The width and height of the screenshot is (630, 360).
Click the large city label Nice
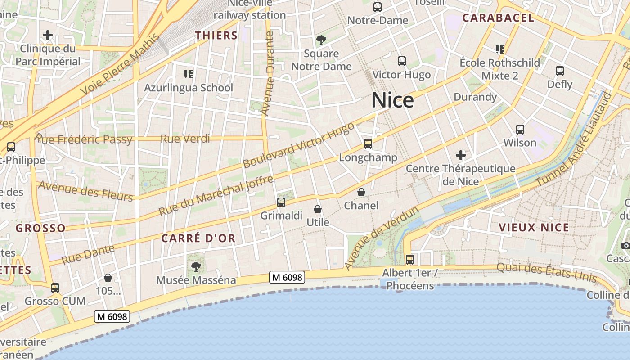[x=392, y=100]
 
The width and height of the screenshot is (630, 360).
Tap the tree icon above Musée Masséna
[x=196, y=267]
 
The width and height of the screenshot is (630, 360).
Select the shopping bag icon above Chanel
[x=361, y=192]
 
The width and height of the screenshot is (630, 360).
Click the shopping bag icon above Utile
[x=318, y=209]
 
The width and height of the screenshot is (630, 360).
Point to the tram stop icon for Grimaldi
[x=281, y=202]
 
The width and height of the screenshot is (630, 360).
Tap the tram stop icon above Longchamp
[x=368, y=144]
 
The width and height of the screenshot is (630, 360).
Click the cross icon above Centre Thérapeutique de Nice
[x=460, y=156]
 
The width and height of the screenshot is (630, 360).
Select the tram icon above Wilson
[x=520, y=130]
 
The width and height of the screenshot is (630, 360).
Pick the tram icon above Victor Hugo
[x=402, y=61]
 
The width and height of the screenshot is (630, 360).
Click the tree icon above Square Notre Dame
[x=321, y=40]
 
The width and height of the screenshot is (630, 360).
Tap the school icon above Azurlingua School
[x=189, y=74]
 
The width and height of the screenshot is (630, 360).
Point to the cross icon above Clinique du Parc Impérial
[x=48, y=35]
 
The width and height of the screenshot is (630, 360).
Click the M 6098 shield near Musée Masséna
[x=288, y=278]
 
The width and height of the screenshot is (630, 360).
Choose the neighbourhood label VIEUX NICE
[x=534, y=227]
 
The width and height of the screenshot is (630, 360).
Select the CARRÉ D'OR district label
[x=198, y=238]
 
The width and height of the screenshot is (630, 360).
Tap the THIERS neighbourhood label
[x=216, y=36]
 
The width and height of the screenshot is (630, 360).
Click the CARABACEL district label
[x=498, y=18]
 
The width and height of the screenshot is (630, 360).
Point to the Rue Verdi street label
[x=185, y=139]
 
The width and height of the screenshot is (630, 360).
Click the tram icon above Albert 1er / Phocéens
[x=409, y=260]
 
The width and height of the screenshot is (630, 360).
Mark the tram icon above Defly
[x=560, y=71]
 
